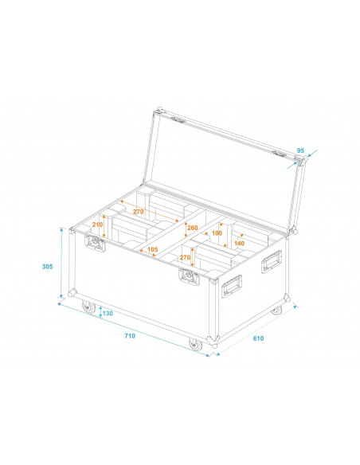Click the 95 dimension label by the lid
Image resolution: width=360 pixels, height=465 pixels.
pyautogui.click(x=300, y=150)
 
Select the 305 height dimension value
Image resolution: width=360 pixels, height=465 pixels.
pyautogui.click(x=48, y=267)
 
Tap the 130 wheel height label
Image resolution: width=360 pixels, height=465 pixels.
pyautogui.click(x=108, y=314)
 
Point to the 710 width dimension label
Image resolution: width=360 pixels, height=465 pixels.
pyautogui.click(x=130, y=335)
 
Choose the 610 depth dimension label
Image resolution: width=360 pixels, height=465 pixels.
pyautogui.click(x=258, y=338)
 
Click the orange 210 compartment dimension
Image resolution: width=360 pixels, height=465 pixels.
pyautogui.click(x=97, y=225)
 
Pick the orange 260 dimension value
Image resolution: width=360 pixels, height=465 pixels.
pyautogui.click(x=191, y=228)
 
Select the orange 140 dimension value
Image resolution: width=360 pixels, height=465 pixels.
pyautogui.click(x=239, y=243)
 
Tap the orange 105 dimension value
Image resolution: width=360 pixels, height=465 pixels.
pyautogui.click(x=153, y=249)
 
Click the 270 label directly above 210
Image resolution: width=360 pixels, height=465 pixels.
pyautogui.click(x=138, y=212)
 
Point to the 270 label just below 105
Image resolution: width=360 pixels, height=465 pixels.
pyautogui.click(x=185, y=257)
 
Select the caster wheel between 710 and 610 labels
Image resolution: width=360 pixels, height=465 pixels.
pyautogui.click(x=195, y=344)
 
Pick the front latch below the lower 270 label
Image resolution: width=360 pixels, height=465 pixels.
pyautogui.click(x=190, y=277)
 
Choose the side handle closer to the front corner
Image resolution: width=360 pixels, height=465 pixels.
pyautogui.click(x=232, y=284)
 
